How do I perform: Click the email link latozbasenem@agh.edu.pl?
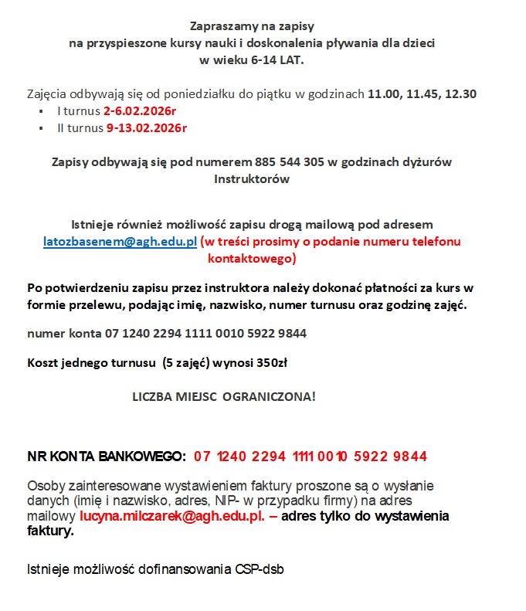(x=120, y=242)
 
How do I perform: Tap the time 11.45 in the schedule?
(x=422, y=94)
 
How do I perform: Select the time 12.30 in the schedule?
(x=460, y=94)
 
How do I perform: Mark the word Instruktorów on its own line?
(x=252, y=179)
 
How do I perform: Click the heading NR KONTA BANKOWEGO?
(x=107, y=456)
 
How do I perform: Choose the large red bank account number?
(x=311, y=456)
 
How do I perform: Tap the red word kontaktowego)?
(x=252, y=259)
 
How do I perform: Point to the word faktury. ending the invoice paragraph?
(x=51, y=531)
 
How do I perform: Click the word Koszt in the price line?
(x=43, y=362)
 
